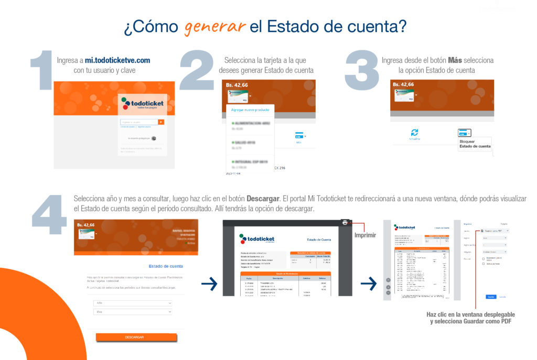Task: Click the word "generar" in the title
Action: coord(214,26)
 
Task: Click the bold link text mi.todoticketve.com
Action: coord(117,60)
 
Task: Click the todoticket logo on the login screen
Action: coord(142,103)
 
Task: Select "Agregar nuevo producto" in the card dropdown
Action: coord(250,110)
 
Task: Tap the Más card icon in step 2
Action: coord(299,136)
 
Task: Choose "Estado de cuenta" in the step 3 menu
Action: coord(475,147)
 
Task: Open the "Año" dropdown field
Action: coord(133,303)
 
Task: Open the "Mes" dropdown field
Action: coord(133,312)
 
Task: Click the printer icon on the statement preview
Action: coord(345,223)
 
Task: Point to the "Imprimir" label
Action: coord(366,235)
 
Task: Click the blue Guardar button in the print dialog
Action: coord(491,297)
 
